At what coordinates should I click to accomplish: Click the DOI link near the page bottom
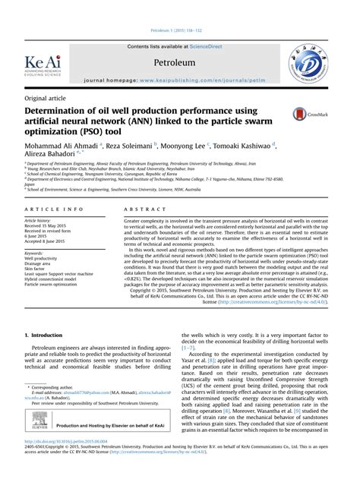[x=64, y=462]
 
